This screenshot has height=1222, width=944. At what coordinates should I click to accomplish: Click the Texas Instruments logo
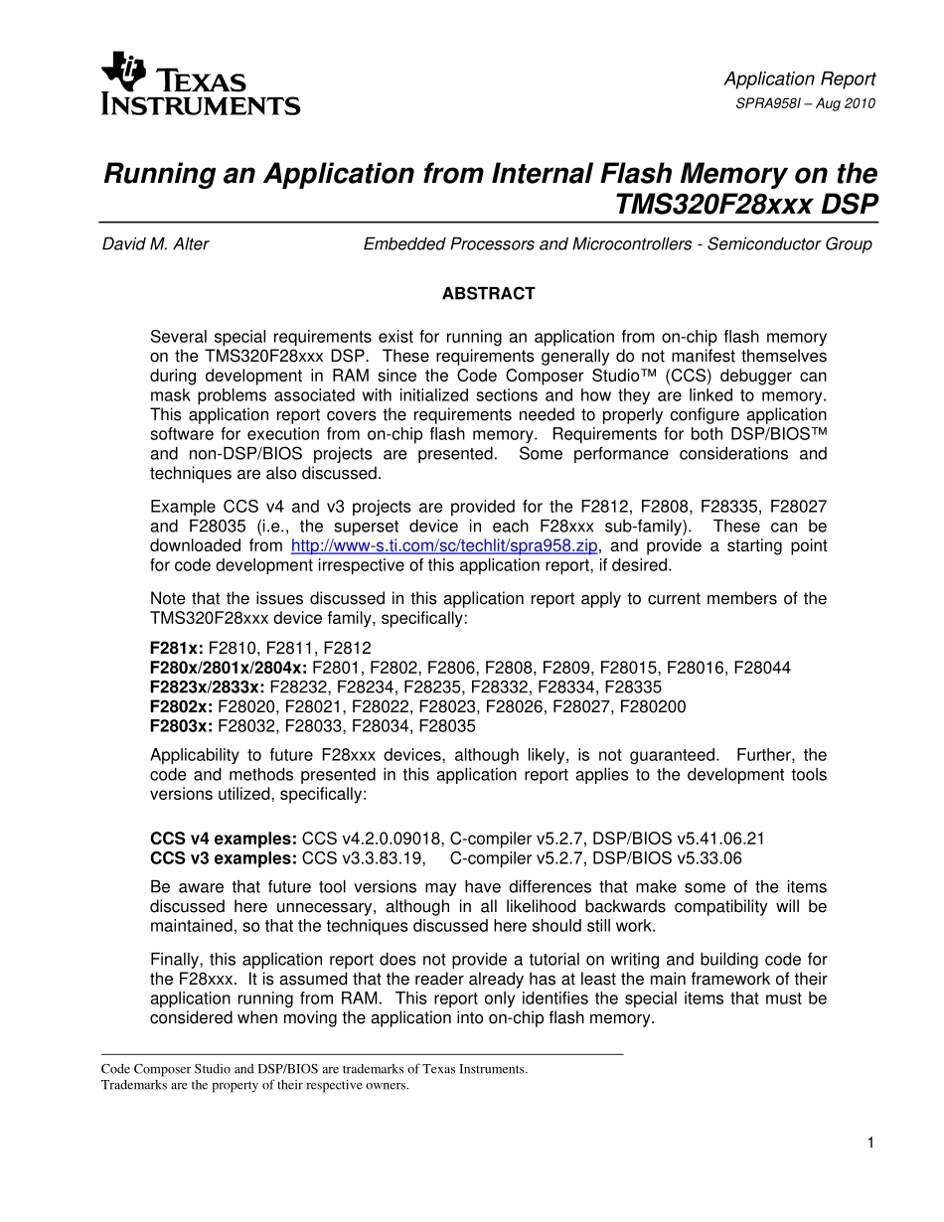click(x=200, y=85)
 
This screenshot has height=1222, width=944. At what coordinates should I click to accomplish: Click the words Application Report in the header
click(x=799, y=79)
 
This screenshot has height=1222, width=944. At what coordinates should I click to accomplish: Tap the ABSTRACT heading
click(x=488, y=294)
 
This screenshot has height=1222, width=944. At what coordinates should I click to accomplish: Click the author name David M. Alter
click(x=155, y=244)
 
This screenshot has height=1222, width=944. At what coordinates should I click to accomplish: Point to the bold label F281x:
click(x=176, y=648)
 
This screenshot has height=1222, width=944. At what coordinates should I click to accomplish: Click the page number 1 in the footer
click(x=870, y=1144)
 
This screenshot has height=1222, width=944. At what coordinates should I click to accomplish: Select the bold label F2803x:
click(x=181, y=727)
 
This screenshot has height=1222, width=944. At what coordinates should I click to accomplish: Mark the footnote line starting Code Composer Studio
click(x=314, y=1070)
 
